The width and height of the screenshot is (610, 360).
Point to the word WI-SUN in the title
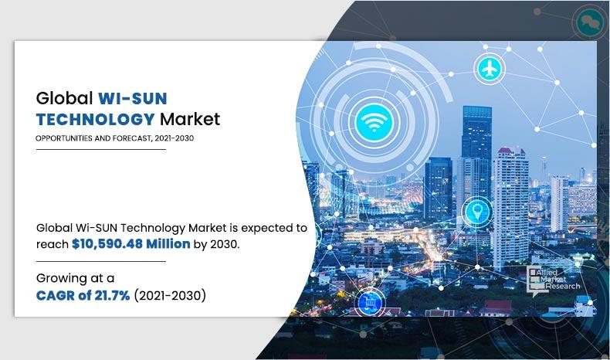pyautogui.click(x=132, y=99)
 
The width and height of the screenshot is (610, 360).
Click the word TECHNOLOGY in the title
pyautogui.click(x=95, y=119)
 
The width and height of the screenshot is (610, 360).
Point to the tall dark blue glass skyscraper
pyautogui.click(x=476, y=155)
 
